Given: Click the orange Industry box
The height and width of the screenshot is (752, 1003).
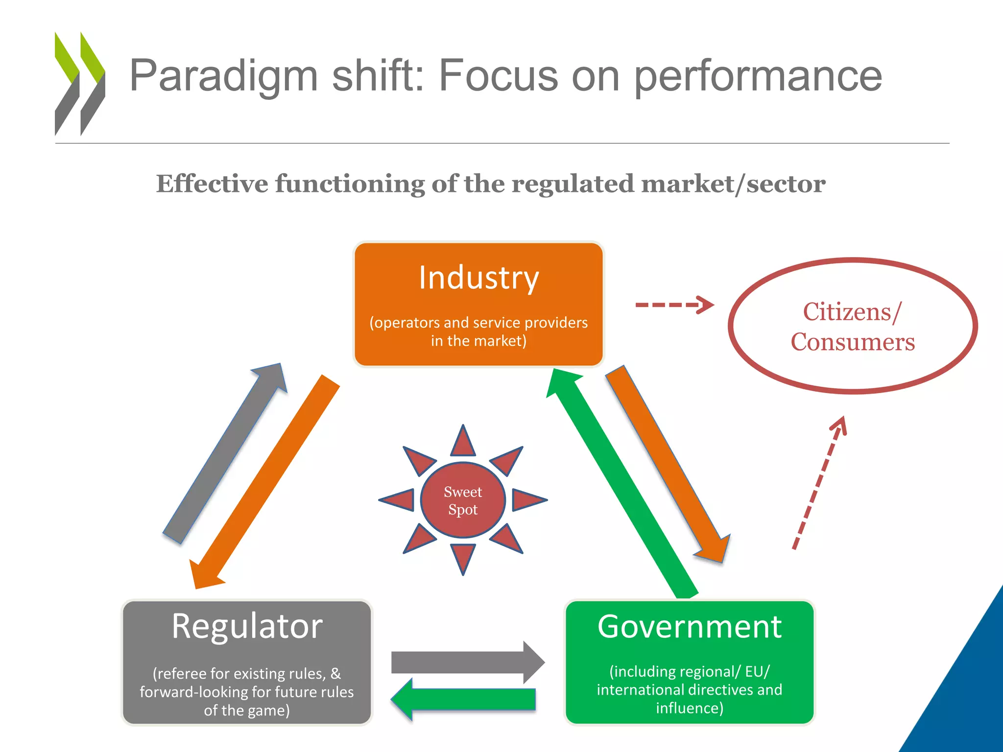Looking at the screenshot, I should (x=478, y=304).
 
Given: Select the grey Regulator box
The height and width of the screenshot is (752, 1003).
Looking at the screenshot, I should (x=247, y=662).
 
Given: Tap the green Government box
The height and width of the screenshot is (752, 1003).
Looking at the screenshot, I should (x=689, y=662).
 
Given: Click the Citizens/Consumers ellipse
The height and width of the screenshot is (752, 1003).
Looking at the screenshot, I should (x=853, y=326).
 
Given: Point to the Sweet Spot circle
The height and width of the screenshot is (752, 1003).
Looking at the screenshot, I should (x=463, y=500).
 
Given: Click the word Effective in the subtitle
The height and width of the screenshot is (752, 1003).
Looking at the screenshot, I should (x=212, y=184).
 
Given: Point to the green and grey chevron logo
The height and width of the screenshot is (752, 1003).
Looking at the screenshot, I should (x=80, y=83).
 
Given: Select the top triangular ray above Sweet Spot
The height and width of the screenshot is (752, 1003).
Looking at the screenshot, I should (x=463, y=442).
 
